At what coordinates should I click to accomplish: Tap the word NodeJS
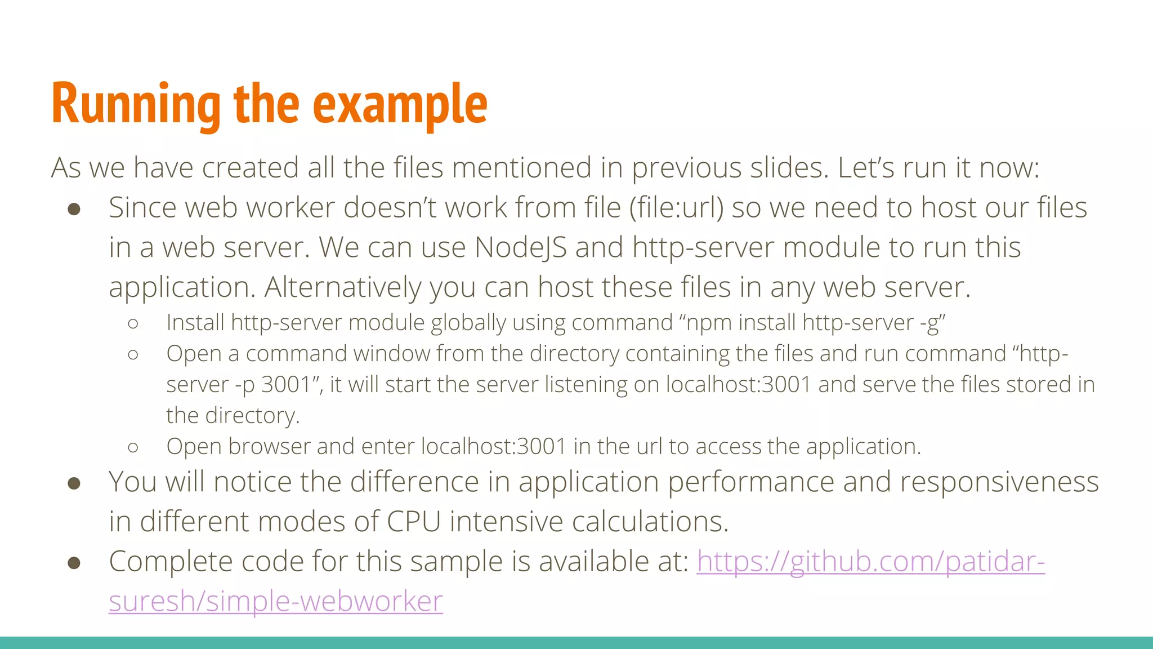[521, 247]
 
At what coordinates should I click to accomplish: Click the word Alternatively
[342, 287]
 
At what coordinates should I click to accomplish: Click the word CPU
[413, 521]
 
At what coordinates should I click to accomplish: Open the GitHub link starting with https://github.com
[870, 561]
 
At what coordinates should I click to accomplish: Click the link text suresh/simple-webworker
[276, 601]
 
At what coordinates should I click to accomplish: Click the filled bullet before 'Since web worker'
[74, 210]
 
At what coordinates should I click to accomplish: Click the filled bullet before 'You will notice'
[74, 483]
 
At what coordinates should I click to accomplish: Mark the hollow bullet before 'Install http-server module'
[133, 323]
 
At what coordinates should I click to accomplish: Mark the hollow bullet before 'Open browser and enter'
[133, 447]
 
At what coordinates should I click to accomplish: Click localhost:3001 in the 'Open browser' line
[493, 446]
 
